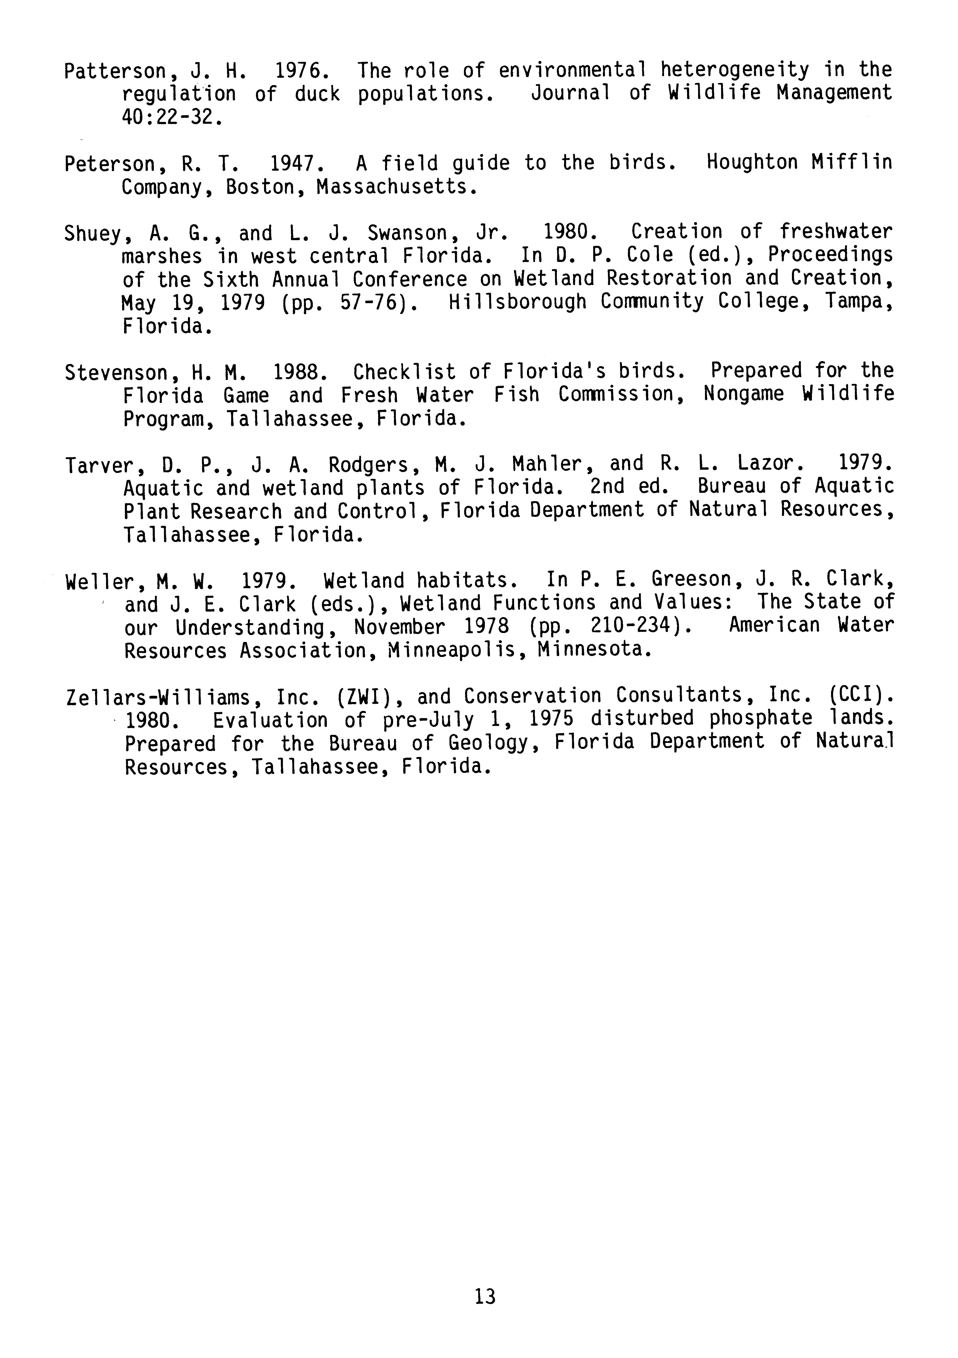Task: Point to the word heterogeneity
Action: click(734, 70)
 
